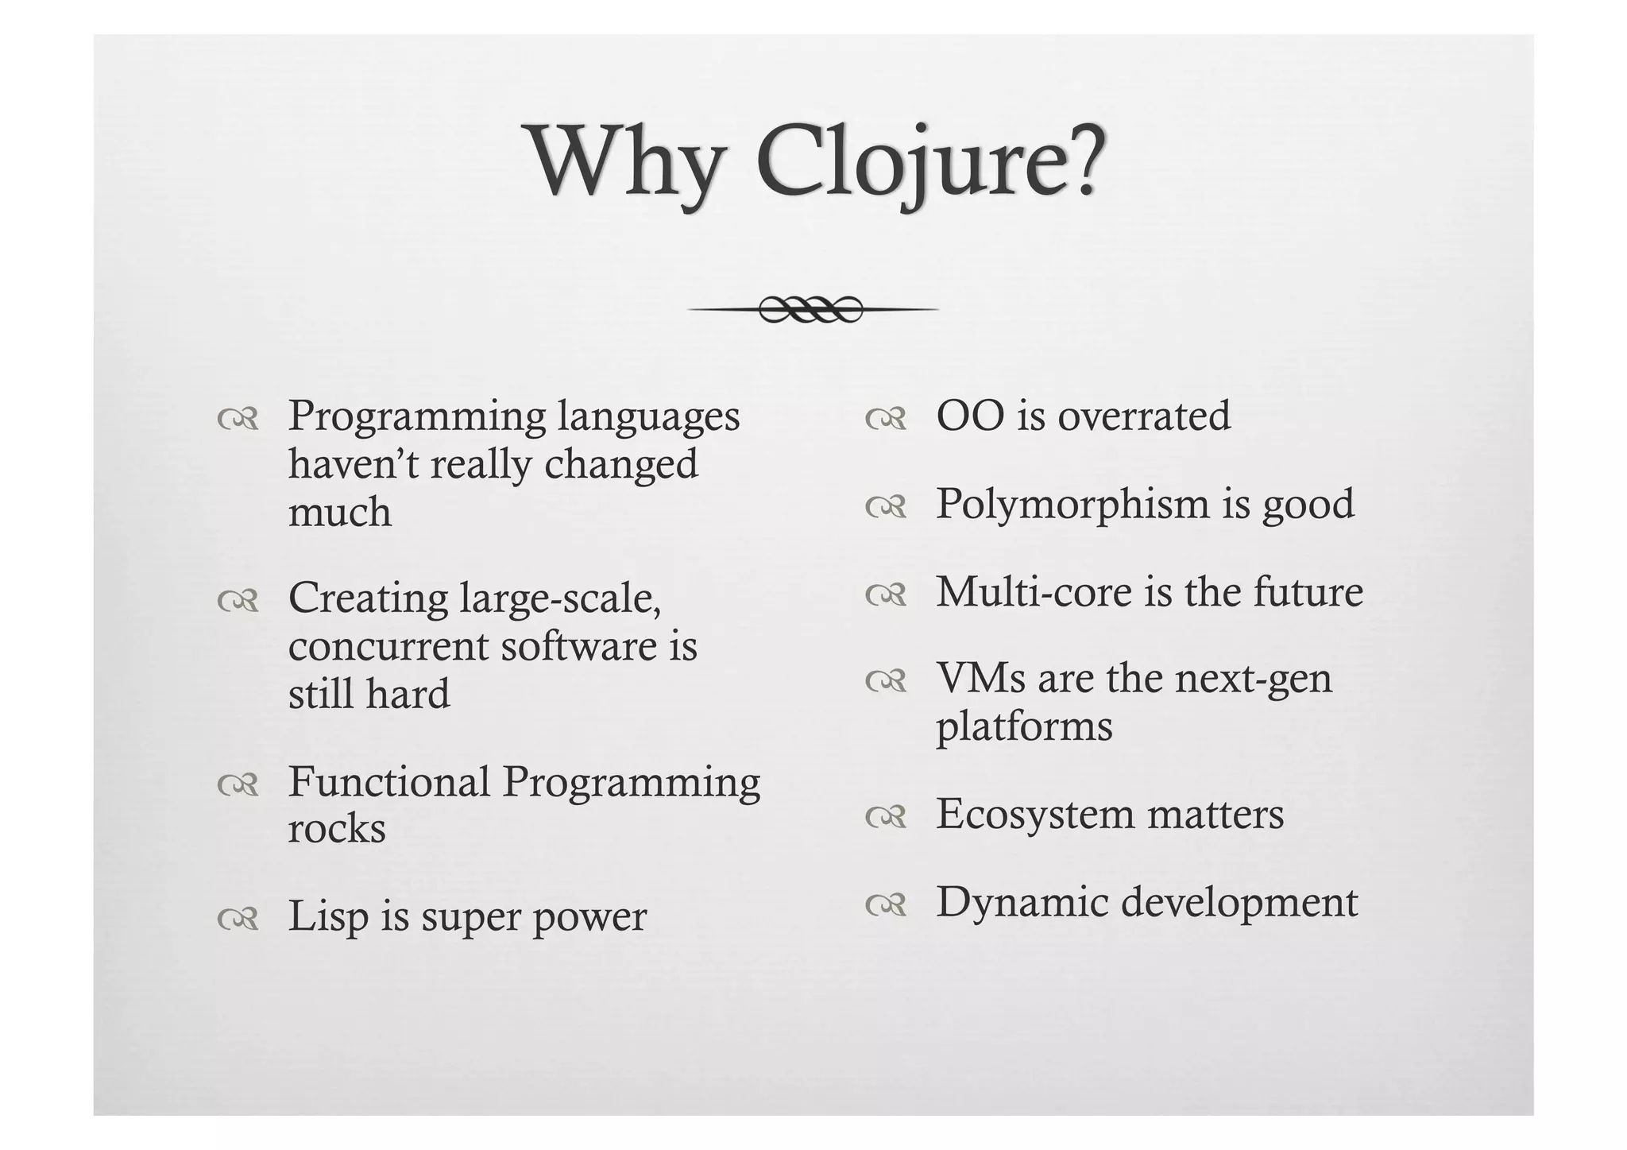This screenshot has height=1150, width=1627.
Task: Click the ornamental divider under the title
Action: pos(812,308)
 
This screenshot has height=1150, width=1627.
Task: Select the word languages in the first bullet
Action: pos(648,418)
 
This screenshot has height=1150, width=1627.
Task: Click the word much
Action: pos(340,512)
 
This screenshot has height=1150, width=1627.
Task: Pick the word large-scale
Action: pos(561,598)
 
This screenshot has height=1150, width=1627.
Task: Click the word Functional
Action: pos(388,782)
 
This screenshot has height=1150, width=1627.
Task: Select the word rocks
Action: pos(337,830)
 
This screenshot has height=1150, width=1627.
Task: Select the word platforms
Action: pos(1024,727)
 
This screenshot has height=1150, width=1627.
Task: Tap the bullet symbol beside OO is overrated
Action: pos(885,420)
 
